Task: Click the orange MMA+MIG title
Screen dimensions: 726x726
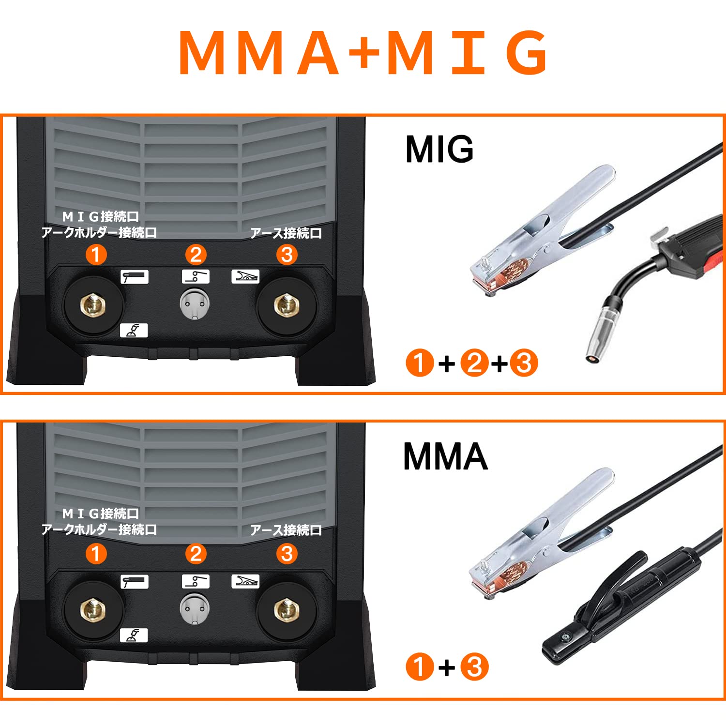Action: (x=363, y=52)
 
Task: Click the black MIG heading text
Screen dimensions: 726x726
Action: (x=439, y=149)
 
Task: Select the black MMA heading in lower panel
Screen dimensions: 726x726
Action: (x=445, y=456)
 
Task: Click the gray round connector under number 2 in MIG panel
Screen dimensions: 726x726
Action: (x=195, y=304)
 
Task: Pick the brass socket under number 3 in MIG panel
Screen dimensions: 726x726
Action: (x=287, y=305)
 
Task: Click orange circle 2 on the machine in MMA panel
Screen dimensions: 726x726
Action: (x=196, y=554)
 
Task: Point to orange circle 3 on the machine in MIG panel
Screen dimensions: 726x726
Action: (x=287, y=255)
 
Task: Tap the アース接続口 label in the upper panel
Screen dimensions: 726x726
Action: (x=286, y=233)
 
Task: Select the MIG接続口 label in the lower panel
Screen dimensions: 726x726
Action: (x=101, y=514)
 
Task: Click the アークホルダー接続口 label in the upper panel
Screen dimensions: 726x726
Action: (x=99, y=233)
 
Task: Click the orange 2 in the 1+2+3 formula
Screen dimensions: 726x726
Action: (x=474, y=363)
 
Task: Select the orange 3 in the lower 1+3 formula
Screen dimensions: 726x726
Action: (x=474, y=667)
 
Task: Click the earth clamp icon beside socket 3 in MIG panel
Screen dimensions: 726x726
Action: (x=245, y=276)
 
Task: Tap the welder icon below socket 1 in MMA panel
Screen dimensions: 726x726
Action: (x=134, y=635)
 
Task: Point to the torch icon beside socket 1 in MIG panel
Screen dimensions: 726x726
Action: (x=134, y=277)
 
